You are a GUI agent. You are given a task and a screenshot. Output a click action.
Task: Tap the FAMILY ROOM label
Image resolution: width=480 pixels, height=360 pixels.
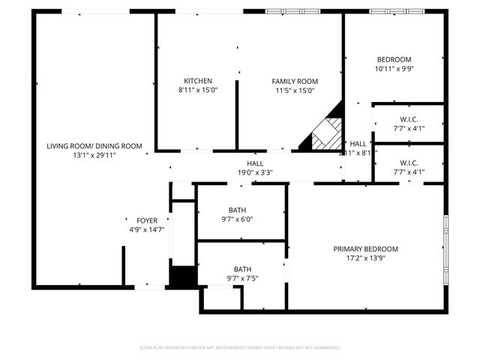pos(295,81)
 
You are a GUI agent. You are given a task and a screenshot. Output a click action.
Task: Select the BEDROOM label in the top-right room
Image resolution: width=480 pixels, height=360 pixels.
pos(394,60)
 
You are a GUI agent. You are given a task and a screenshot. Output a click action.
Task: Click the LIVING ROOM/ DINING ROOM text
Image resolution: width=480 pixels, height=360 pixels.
pos(94,146)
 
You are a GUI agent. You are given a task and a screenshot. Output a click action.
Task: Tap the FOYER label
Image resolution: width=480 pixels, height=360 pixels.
pos(147,220)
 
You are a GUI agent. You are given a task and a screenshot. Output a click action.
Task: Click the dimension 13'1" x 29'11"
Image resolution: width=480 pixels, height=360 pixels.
pos(94,154)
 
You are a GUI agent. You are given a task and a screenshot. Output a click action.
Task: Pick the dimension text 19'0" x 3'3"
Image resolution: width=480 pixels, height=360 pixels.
pos(255,172)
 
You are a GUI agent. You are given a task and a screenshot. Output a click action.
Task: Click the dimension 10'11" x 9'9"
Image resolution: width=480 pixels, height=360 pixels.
pos(394,68)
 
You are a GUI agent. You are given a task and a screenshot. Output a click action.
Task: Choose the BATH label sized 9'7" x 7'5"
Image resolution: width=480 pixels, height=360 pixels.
pos(242,269)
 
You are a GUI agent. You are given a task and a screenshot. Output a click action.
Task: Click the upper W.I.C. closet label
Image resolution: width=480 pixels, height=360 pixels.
pos(409,119)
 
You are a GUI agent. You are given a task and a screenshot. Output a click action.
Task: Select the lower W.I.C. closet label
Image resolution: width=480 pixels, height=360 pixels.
pos(409,163)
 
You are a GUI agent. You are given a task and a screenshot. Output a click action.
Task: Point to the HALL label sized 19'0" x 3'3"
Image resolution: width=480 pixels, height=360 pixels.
pos(255,163)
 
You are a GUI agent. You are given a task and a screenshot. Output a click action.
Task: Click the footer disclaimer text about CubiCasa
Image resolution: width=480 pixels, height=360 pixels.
pos(240,348)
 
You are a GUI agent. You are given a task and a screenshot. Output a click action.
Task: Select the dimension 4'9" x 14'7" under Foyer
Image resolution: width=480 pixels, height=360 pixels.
pos(147,229)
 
